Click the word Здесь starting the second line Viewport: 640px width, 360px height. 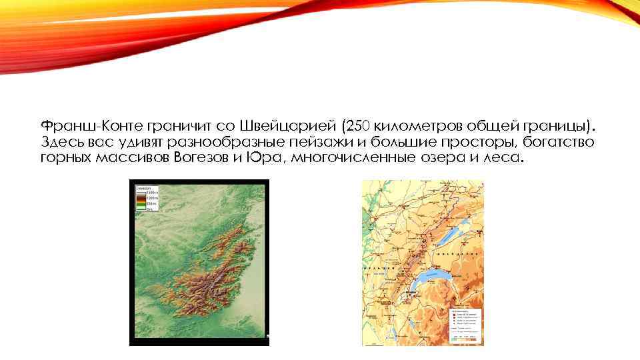(61, 142)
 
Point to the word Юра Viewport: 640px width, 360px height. (261, 158)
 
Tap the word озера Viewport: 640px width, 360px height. (447, 158)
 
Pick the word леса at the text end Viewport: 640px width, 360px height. (506, 158)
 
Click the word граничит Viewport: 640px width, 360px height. (178, 126)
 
